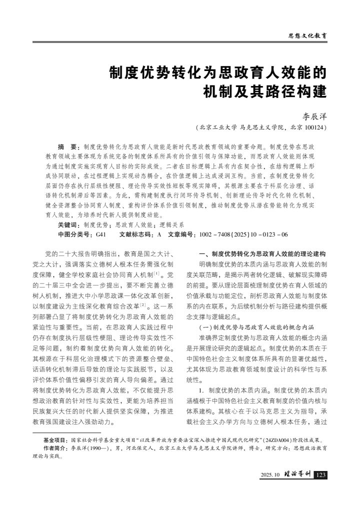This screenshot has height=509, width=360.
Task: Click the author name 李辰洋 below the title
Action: click(x=315, y=115)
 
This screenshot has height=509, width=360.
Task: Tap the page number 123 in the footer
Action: click(x=321, y=474)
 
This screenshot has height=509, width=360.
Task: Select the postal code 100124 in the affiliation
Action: click(x=314, y=128)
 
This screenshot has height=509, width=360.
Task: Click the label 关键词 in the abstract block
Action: click(x=69, y=225)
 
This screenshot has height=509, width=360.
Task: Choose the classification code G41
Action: click(x=100, y=233)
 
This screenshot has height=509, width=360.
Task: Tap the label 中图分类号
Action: click(x=72, y=233)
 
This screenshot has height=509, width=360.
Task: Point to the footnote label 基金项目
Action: click(x=55, y=440)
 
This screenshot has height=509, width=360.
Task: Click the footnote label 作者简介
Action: click(x=55, y=448)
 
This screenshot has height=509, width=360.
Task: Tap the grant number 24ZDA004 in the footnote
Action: click(x=275, y=440)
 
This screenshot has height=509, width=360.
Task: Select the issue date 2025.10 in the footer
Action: click(x=270, y=474)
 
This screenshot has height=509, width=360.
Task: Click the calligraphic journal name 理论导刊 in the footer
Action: click(x=297, y=474)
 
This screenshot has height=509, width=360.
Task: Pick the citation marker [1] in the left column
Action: click(x=156, y=273)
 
